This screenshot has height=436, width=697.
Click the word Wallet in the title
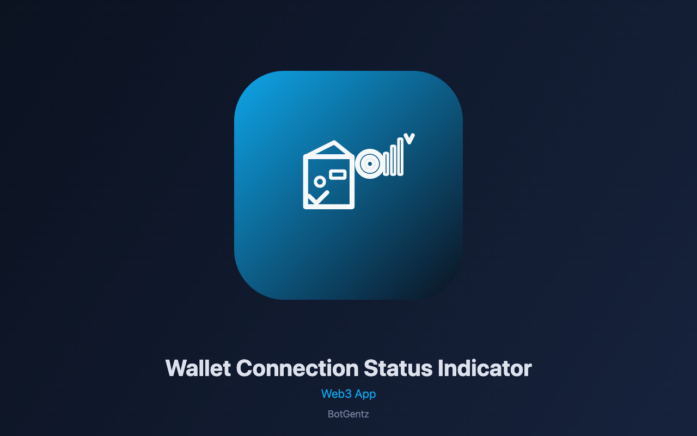198,368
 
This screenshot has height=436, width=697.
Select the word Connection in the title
297,368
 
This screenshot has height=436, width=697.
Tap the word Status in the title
398,368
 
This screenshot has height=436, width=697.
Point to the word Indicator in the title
485,368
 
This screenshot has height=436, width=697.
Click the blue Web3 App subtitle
348,394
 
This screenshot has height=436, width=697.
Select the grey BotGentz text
348,414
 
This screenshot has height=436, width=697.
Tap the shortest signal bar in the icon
386,164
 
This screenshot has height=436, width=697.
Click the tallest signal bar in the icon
400,157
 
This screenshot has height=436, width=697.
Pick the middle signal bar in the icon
393,160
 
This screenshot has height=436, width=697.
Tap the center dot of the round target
370,163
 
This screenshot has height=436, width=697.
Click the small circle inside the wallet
320,181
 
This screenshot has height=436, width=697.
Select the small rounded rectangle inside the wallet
338,174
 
